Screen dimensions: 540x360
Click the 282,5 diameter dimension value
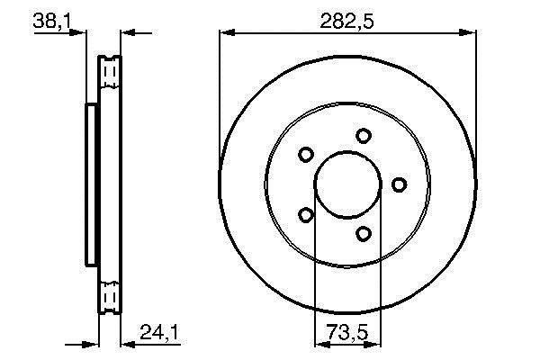point(346,22)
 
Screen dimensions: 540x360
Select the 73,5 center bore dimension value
point(347,332)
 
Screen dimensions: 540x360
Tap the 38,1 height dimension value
point(51,22)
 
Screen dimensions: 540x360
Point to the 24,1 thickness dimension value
point(158,332)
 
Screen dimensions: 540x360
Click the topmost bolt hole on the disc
point(363,136)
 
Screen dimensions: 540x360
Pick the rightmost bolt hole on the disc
point(399,184)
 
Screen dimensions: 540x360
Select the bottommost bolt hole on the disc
point(363,234)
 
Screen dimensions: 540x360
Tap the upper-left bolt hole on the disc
point(305,154)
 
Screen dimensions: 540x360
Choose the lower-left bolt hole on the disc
point(305,215)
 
